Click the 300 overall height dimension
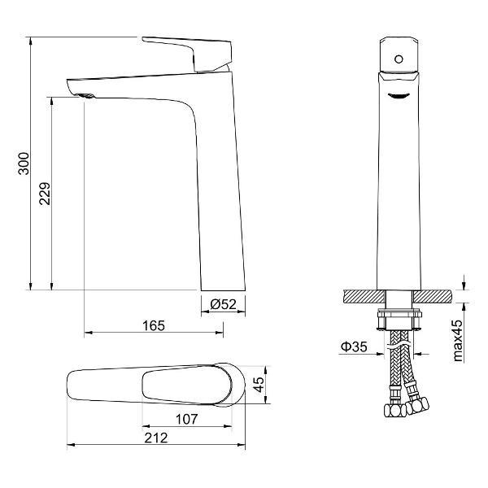(x=24, y=163)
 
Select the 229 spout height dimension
(x=45, y=194)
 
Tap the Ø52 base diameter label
(x=224, y=304)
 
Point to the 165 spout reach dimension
(x=154, y=326)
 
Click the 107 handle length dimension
(x=187, y=419)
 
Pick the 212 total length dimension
(x=156, y=438)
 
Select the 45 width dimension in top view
(x=259, y=385)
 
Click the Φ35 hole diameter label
(x=354, y=346)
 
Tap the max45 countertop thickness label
(x=457, y=340)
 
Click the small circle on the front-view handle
(x=399, y=59)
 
